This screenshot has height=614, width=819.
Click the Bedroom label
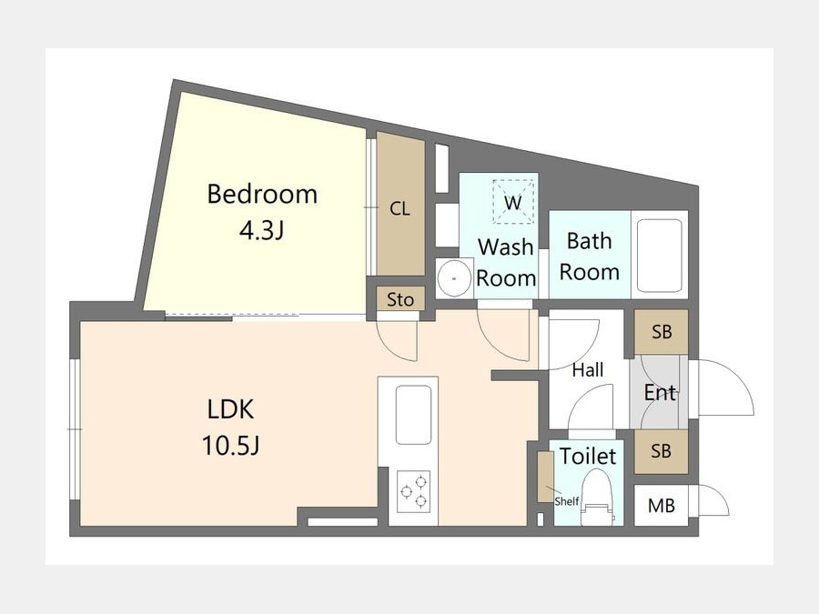[262, 195]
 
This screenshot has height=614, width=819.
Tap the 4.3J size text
[261, 230]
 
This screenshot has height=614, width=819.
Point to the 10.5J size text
[230, 446]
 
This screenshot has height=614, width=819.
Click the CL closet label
[399, 209]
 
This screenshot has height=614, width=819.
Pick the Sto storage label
[400, 299]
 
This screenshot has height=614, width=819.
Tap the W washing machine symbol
[513, 202]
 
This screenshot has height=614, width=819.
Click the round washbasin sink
[454, 279]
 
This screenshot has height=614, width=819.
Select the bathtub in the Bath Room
[660, 256]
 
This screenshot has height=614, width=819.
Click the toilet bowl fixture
[596, 497]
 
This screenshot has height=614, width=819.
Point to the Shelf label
[567, 501]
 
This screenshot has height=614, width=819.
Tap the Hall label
[588, 370]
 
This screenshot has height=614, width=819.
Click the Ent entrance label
[660, 392]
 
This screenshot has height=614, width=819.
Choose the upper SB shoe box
[662, 331]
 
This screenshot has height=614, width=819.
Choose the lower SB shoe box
[661, 451]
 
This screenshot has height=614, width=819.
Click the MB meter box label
[662, 506]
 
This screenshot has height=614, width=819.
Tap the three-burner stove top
[414, 491]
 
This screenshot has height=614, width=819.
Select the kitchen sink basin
[414, 415]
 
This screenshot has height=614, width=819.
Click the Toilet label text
[588, 456]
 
